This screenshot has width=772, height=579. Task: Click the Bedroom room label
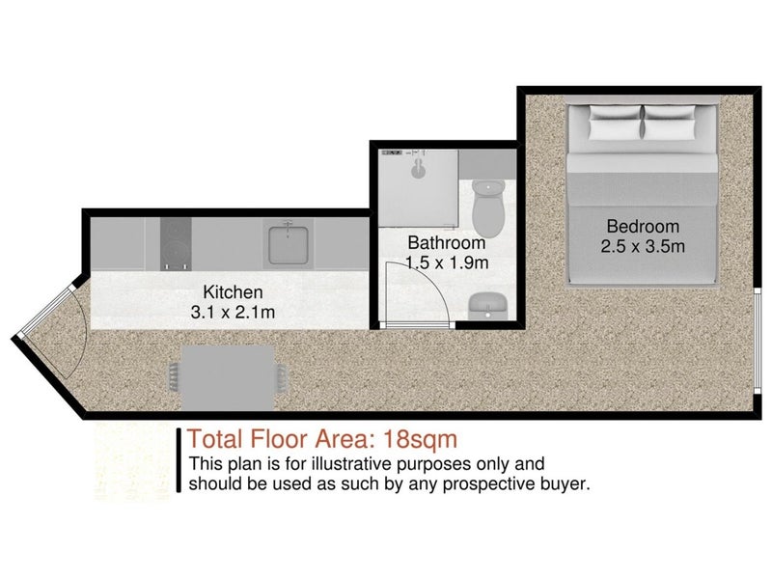[x=643, y=227]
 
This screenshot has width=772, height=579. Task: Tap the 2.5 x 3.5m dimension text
[x=643, y=246]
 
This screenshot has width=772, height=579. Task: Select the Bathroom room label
[x=447, y=243]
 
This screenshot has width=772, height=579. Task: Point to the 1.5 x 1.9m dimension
[x=447, y=262]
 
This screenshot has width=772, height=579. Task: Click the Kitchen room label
[x=233, y=292]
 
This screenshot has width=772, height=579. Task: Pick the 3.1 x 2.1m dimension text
[x=233, y=312]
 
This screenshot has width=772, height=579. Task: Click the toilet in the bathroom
[x=488, y=208]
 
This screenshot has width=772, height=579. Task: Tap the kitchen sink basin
[x=289, y=244]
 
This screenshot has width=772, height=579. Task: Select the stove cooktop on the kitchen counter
[x=176, y=244]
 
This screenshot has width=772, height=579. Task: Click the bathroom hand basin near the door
[x=488, y=306]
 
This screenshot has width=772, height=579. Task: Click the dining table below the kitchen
[x=228, y=377]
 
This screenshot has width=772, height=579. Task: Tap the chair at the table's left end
[x=175, y=377]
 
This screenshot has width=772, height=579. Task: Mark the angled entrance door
[x=46, y=313]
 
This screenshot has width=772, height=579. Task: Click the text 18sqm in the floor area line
[x=420, y=439]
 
